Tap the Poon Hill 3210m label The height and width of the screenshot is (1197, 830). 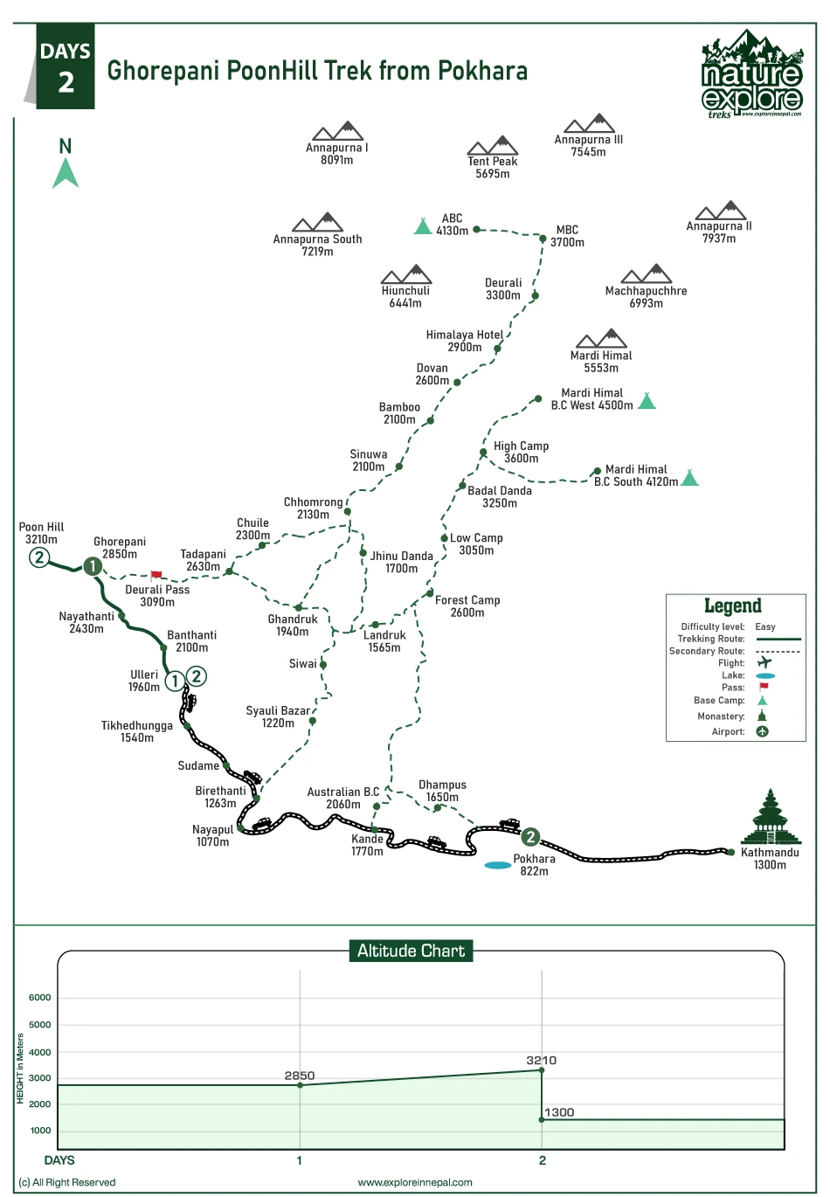41,533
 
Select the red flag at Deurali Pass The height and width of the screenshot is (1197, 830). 156,576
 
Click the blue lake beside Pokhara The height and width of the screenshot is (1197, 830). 498,865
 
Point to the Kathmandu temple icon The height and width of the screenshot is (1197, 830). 770,817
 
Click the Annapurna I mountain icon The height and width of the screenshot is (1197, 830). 337,131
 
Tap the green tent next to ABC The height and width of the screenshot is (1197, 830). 423,226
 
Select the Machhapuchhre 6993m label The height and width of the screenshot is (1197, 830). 646,297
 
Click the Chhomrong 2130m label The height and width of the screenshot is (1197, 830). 313,509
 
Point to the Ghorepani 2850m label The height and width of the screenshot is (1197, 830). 120,548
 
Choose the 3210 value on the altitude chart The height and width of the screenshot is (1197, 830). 541,1060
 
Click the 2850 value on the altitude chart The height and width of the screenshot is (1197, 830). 300,1076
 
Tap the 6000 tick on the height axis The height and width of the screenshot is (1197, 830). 40,997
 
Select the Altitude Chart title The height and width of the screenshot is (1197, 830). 411,951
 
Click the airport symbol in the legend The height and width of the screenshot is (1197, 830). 762,731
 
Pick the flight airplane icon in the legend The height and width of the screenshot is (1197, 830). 764,662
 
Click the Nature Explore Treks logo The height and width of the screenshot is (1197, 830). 751,74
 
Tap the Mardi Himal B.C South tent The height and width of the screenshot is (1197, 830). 689,477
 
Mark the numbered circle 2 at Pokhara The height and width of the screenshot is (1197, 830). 529,837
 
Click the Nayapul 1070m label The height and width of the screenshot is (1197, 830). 212,836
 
